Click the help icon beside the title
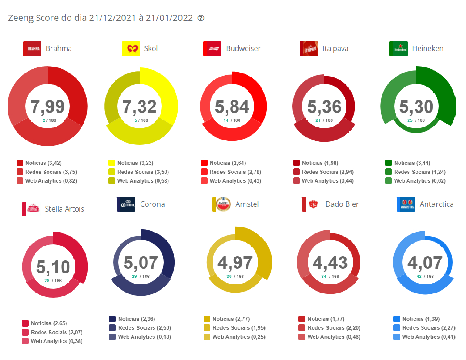coord(201,18)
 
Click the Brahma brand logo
coord(32,49)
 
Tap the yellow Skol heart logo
coord(131,49)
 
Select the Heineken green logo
coord(399,49)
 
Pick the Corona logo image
coord(126,204)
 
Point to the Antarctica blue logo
coord(406,204)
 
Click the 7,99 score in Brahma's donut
coord(47,106)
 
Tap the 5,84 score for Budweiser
coord(232,106)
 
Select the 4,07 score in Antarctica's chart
coord(425,263)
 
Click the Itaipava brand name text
coord(335,49)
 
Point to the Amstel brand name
coord(247,204)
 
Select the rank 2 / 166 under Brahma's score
coord(49,120)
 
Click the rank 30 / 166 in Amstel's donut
coord(235,277)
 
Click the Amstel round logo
coord(223,204)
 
